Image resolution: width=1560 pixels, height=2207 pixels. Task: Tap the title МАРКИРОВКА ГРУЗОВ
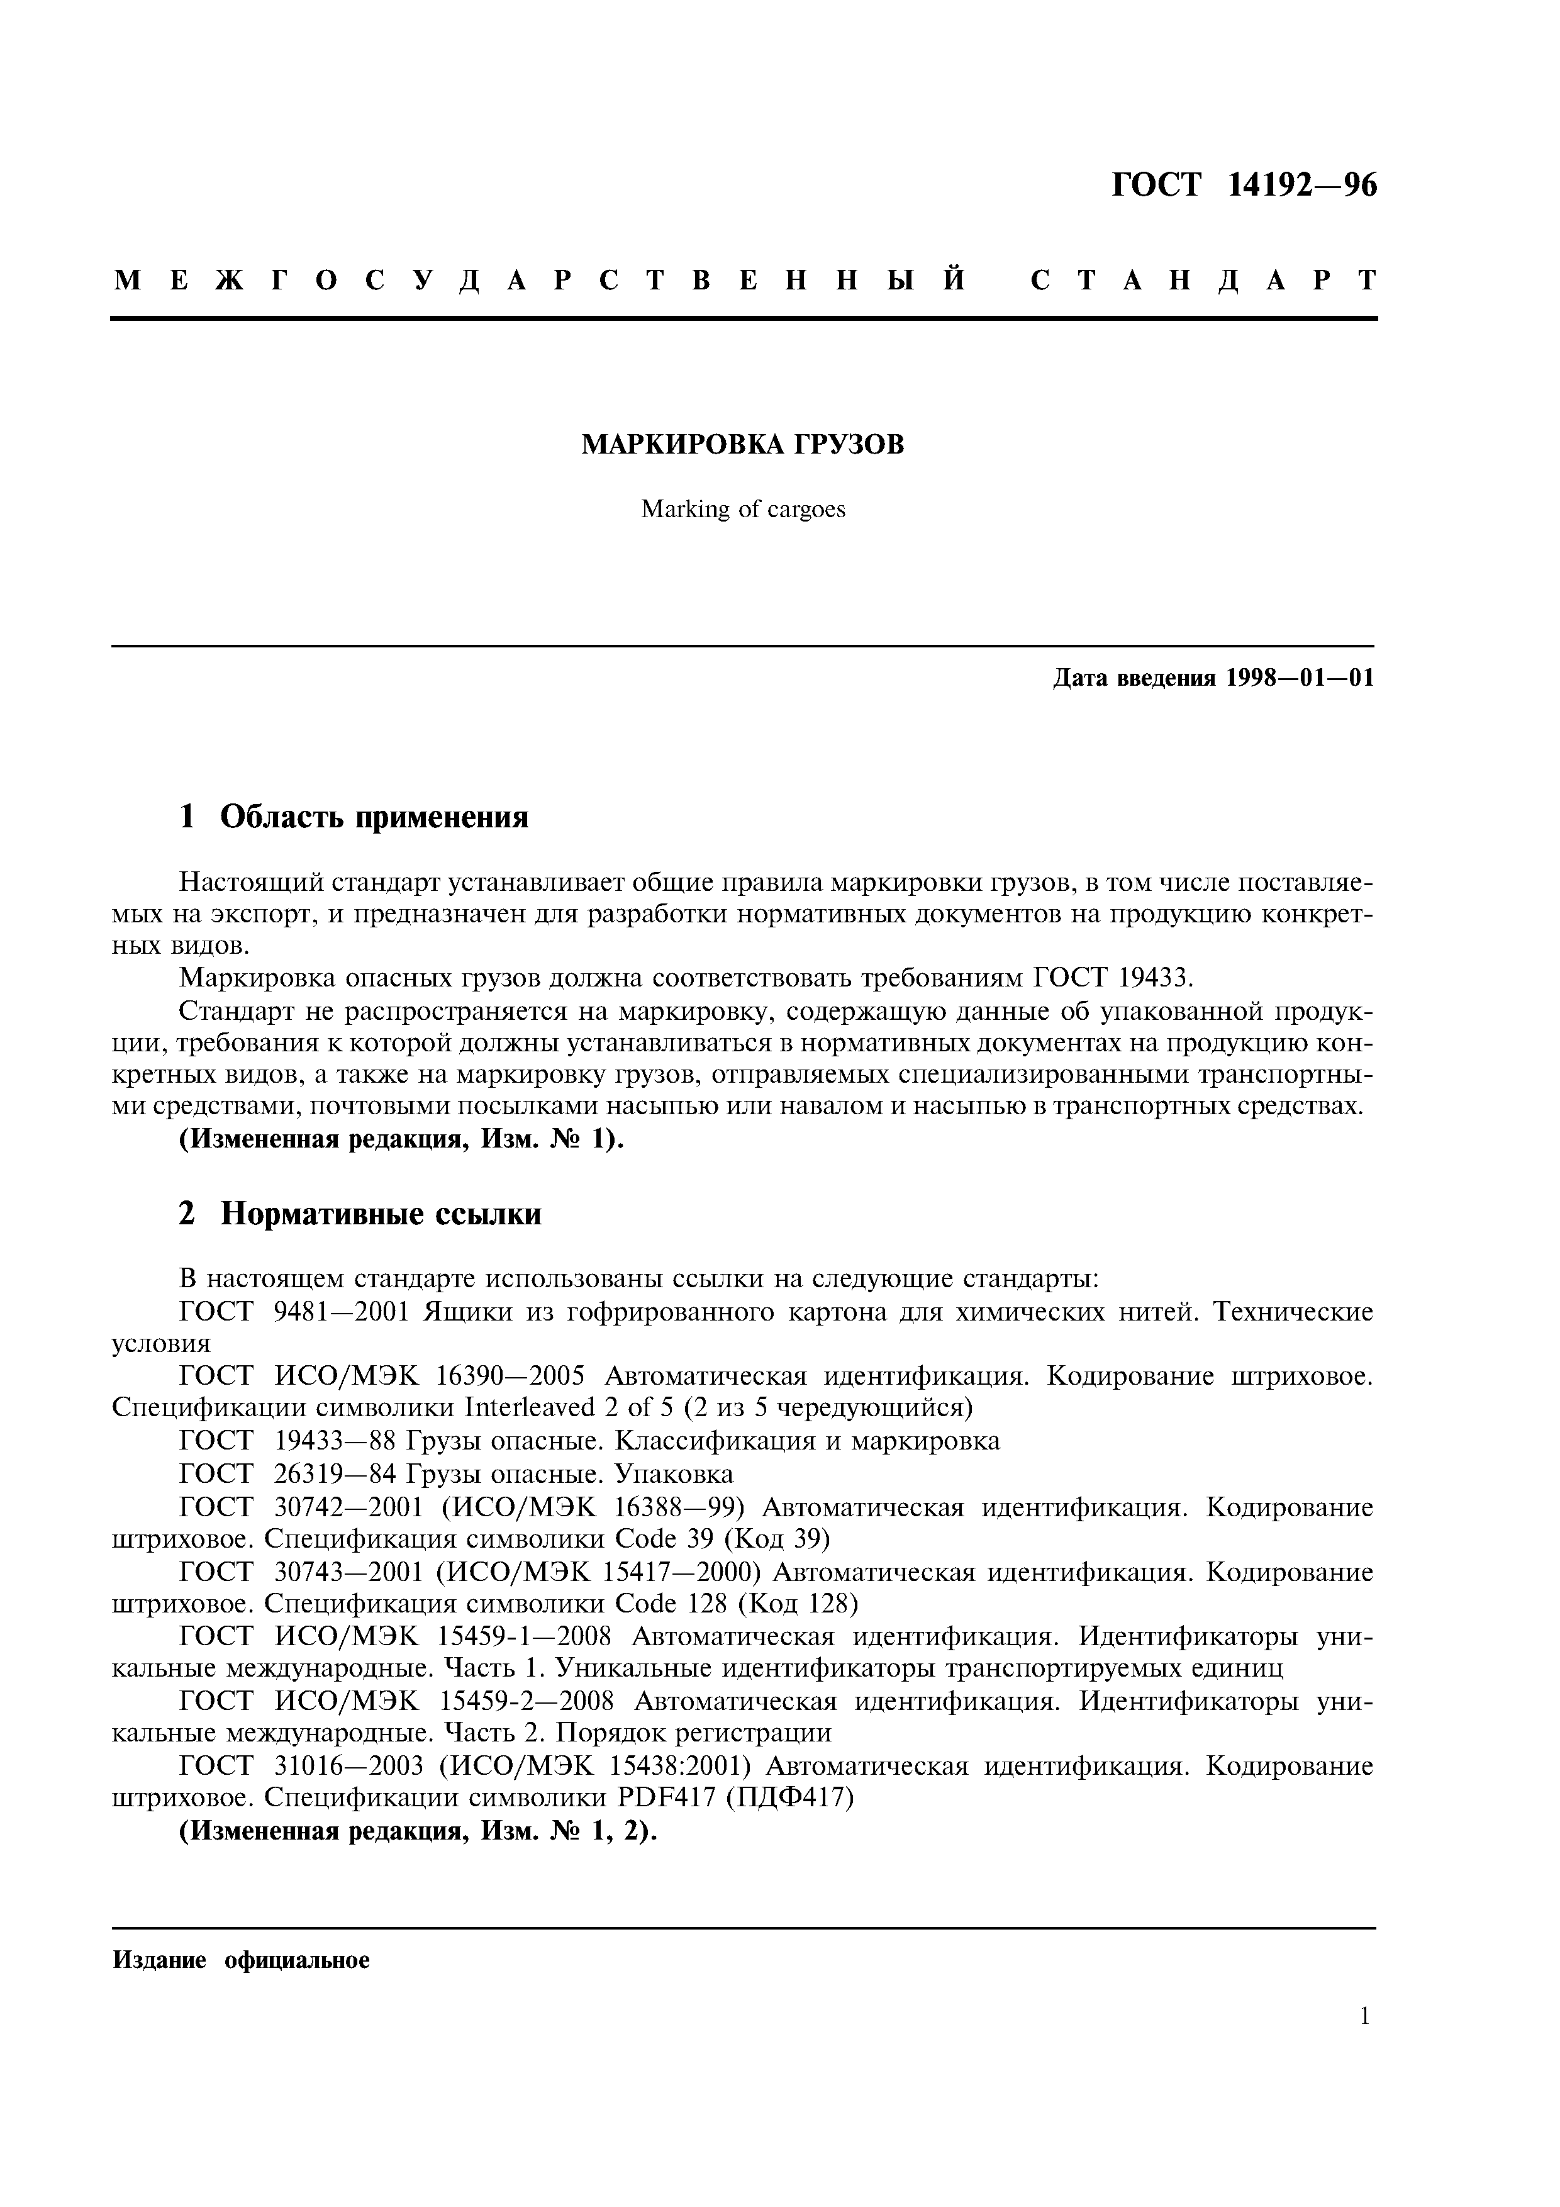[x=743, y=445]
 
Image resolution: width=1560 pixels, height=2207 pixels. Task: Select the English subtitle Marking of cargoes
[x=743, y=510]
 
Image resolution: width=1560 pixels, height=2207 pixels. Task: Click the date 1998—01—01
[x=1300, y=679]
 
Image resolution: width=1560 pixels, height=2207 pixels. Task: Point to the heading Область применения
[x=375, y=817]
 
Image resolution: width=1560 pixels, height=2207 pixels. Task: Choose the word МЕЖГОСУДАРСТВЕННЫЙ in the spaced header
[x=539, y=280]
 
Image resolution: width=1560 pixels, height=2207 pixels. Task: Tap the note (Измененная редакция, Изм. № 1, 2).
[x=418, y=1831]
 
